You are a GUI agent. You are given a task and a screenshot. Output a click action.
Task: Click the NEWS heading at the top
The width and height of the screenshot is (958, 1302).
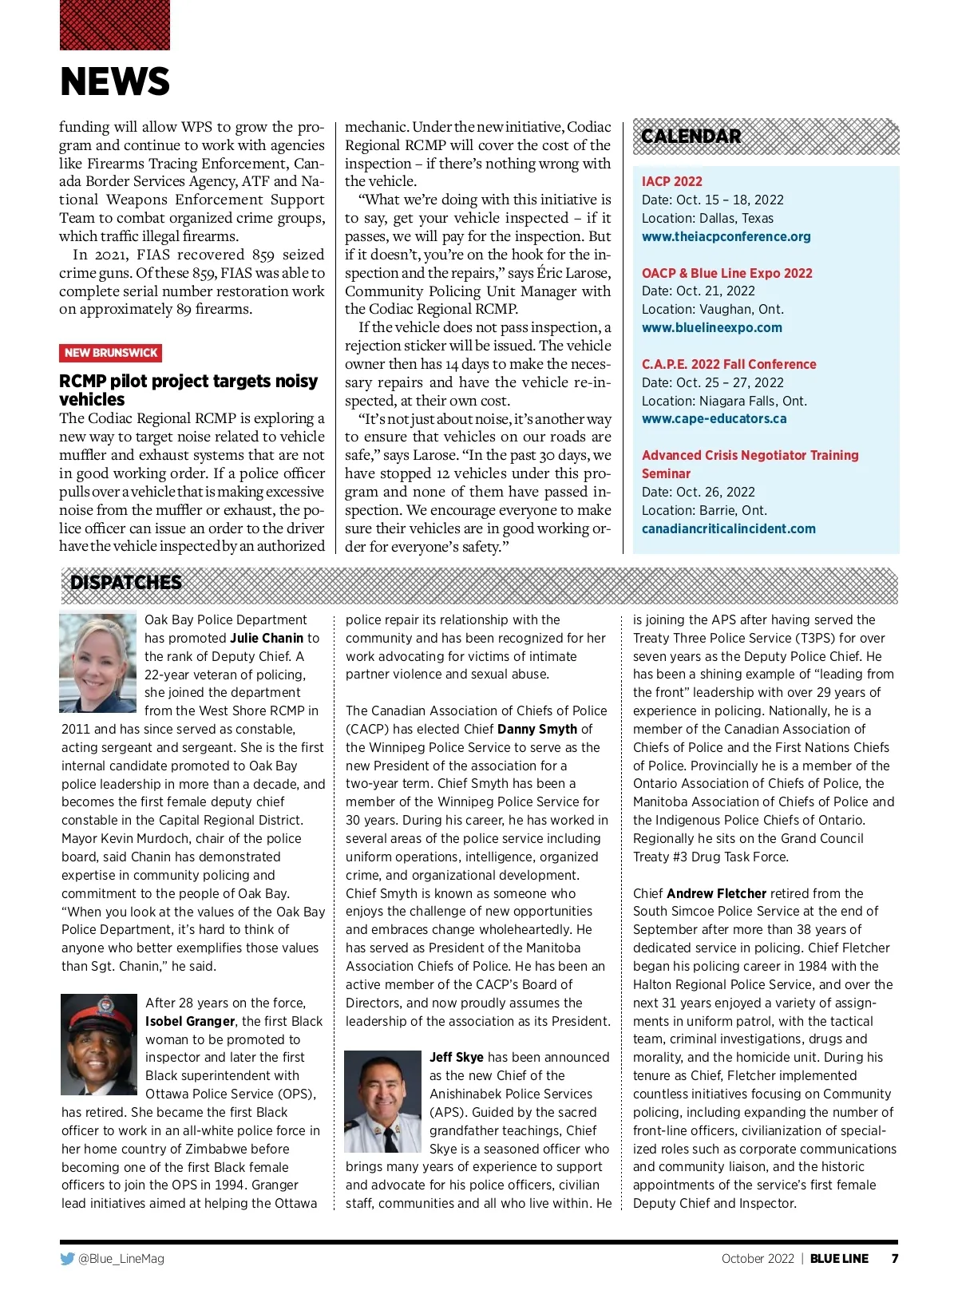[115, 81]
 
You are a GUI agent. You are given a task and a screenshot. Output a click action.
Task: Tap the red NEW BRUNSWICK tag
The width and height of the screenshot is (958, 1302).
[111, 353]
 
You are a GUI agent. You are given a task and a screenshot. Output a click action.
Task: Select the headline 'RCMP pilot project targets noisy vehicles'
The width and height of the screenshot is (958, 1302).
[188, 390]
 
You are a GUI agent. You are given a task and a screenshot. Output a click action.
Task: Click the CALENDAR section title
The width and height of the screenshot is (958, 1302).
[691, 137]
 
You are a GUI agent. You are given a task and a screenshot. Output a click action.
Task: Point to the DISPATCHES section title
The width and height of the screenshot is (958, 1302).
[126, 583]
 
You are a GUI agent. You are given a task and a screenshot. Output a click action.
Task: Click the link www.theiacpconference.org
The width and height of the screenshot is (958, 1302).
[726, 237]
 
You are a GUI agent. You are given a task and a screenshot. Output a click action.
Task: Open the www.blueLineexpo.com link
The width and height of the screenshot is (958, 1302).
[711, 328]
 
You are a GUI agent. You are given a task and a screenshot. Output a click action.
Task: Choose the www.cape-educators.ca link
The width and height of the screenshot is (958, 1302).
[714, 419]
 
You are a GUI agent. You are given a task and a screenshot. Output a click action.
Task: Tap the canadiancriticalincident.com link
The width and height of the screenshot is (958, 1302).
[728, 529]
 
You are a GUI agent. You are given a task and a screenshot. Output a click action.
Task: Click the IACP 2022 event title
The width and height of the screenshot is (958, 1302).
[671, 182]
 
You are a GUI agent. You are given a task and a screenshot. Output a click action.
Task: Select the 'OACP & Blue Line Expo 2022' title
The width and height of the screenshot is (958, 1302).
[726, 273]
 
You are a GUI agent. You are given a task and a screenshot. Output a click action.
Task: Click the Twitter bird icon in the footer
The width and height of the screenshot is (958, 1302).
[67, 1259]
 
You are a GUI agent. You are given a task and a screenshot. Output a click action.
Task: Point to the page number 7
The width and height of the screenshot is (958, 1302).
[895, 1259]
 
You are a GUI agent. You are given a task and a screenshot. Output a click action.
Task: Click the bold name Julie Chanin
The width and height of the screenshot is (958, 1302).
[267, 639]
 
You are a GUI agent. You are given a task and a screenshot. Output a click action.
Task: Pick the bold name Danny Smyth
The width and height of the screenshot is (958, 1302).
[536, 730]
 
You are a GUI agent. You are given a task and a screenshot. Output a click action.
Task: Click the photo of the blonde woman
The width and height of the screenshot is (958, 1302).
[98, 663]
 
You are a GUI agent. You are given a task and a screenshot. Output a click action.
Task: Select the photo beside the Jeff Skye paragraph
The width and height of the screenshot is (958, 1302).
[382, 1102]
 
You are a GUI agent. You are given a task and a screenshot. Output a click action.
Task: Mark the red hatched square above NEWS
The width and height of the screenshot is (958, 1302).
[115, 25]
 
